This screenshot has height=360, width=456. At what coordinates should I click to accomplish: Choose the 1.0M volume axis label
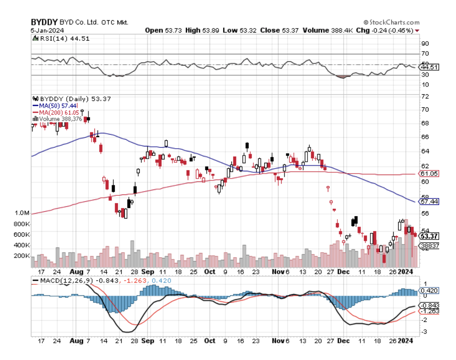pyautogui.click(x=22, y=213)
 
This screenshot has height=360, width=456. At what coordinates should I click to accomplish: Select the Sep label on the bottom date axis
pyautogui.click(x=148, y=341)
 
